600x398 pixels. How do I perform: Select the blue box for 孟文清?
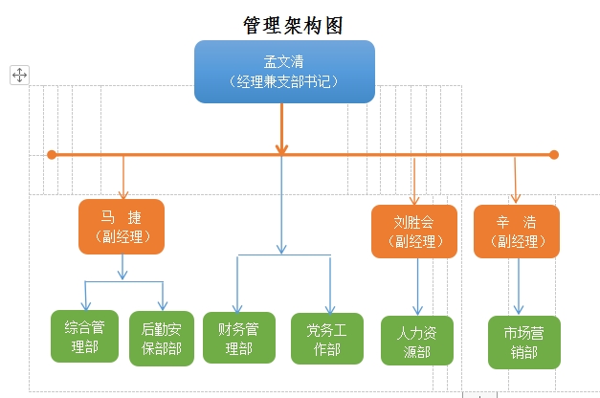click(x=284, y=71)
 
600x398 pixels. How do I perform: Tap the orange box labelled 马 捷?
click(x=122, y=226)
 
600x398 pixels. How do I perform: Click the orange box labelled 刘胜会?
click(x=413, y=231)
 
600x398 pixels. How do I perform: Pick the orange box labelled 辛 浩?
click(x=517, y=231)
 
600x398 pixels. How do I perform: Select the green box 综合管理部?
click(x=85, y=337)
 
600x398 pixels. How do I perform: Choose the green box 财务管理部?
click(x=238, y=338)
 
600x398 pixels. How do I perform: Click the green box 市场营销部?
click(x=523, y=343)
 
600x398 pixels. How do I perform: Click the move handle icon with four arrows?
click(x=19, y=75)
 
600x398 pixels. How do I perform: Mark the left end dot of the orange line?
click(x=52, y=154)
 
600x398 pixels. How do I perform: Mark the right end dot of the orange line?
click(x=553, y=154)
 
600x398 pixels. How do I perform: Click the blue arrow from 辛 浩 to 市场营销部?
click(x=520, y=285)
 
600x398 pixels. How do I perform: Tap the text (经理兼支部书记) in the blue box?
click(x=284, y=82)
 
